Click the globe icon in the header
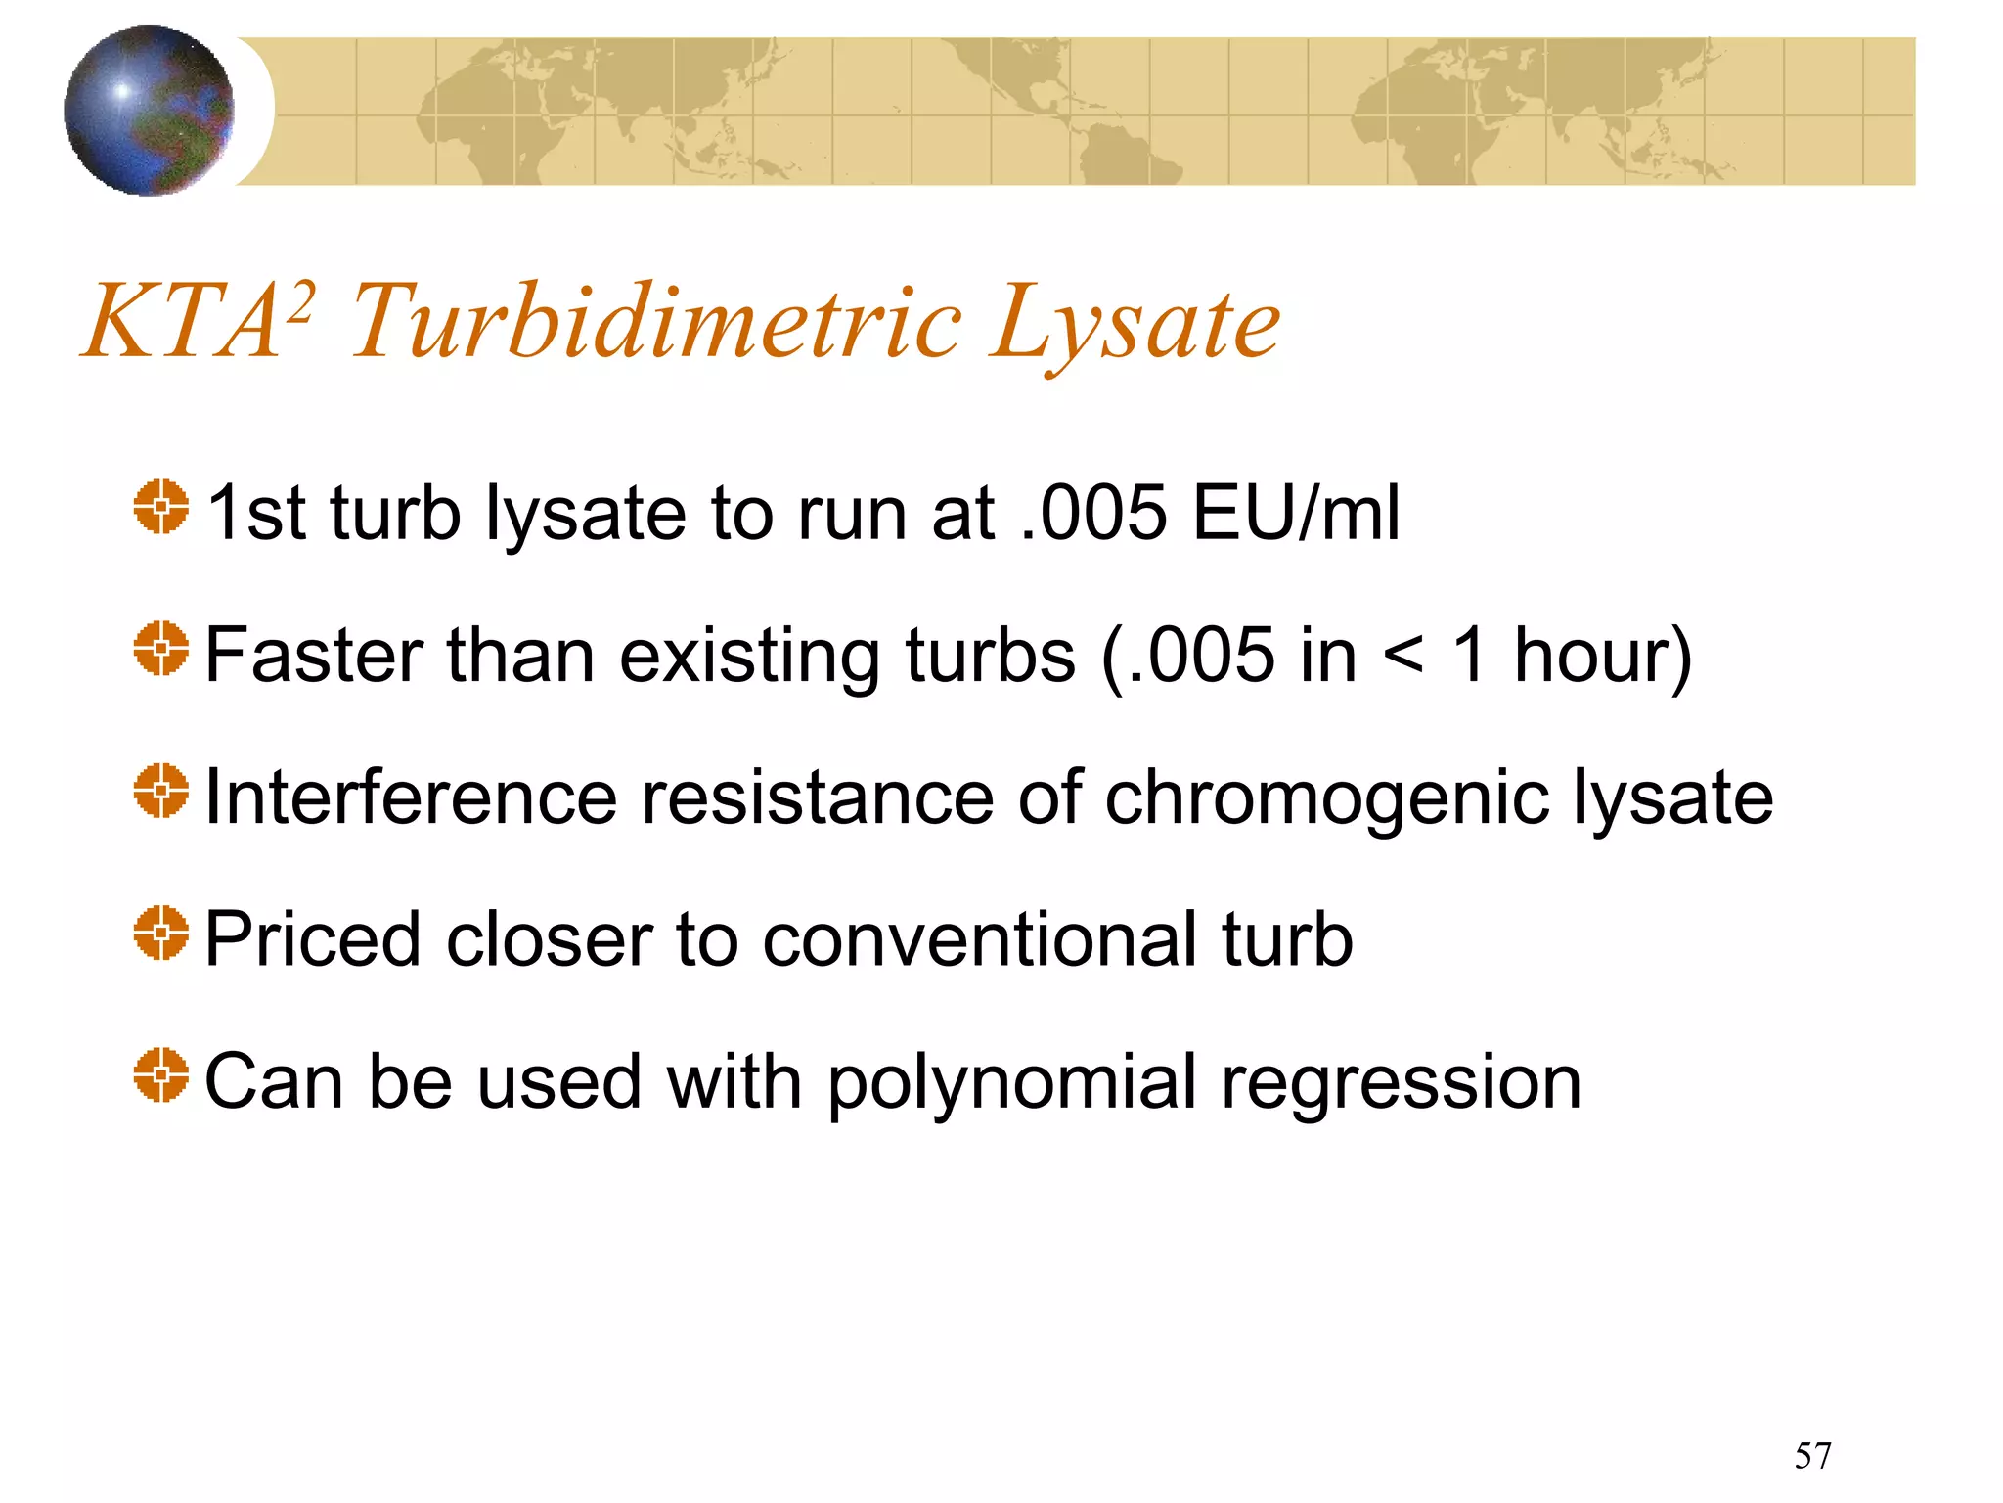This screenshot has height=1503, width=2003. pos(149,111)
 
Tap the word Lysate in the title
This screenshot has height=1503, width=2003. pos(1134,323)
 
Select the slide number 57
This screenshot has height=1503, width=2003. pos(1812,1456)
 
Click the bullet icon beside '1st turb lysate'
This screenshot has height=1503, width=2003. pos(160,507)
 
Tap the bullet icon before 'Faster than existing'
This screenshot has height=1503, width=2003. pos(160,649)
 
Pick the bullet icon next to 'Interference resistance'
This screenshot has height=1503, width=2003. pos(160,791)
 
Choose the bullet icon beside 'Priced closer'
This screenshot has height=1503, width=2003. pos(160,933)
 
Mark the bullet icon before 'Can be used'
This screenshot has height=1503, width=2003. pos(160,1074)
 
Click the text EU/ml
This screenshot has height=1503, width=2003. pos(1297,513)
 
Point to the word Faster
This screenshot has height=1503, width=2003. pos(314,655)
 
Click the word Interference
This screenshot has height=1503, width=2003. pos(411,797)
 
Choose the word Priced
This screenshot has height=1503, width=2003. pos(313,939)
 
